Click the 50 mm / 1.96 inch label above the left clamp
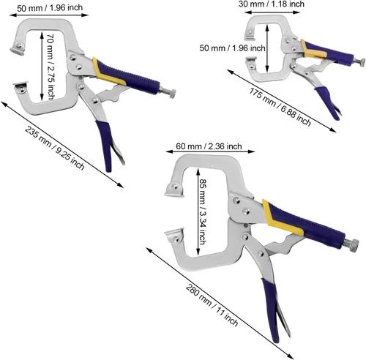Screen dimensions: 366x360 (50, 8)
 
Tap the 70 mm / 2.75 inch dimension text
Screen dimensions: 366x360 (51, 67)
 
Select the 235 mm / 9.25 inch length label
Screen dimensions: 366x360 (55, 148)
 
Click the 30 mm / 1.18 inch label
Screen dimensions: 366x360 (272, 4)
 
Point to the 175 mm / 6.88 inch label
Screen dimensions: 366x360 (280, 107)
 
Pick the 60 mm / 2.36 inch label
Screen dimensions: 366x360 (209, 146)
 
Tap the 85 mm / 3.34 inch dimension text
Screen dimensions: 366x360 (203, 211)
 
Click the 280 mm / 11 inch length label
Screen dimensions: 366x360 (212, 305)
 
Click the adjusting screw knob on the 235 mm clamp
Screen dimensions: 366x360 (172, 93)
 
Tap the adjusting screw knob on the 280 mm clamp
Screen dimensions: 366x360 (354, 245)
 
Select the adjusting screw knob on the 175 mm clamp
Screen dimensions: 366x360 (362, 62)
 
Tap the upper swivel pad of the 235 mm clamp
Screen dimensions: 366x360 (18, 48)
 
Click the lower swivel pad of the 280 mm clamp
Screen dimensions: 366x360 (174, 236)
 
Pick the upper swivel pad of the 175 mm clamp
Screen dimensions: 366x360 (250, 35)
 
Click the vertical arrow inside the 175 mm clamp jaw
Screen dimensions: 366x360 (267, 48)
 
